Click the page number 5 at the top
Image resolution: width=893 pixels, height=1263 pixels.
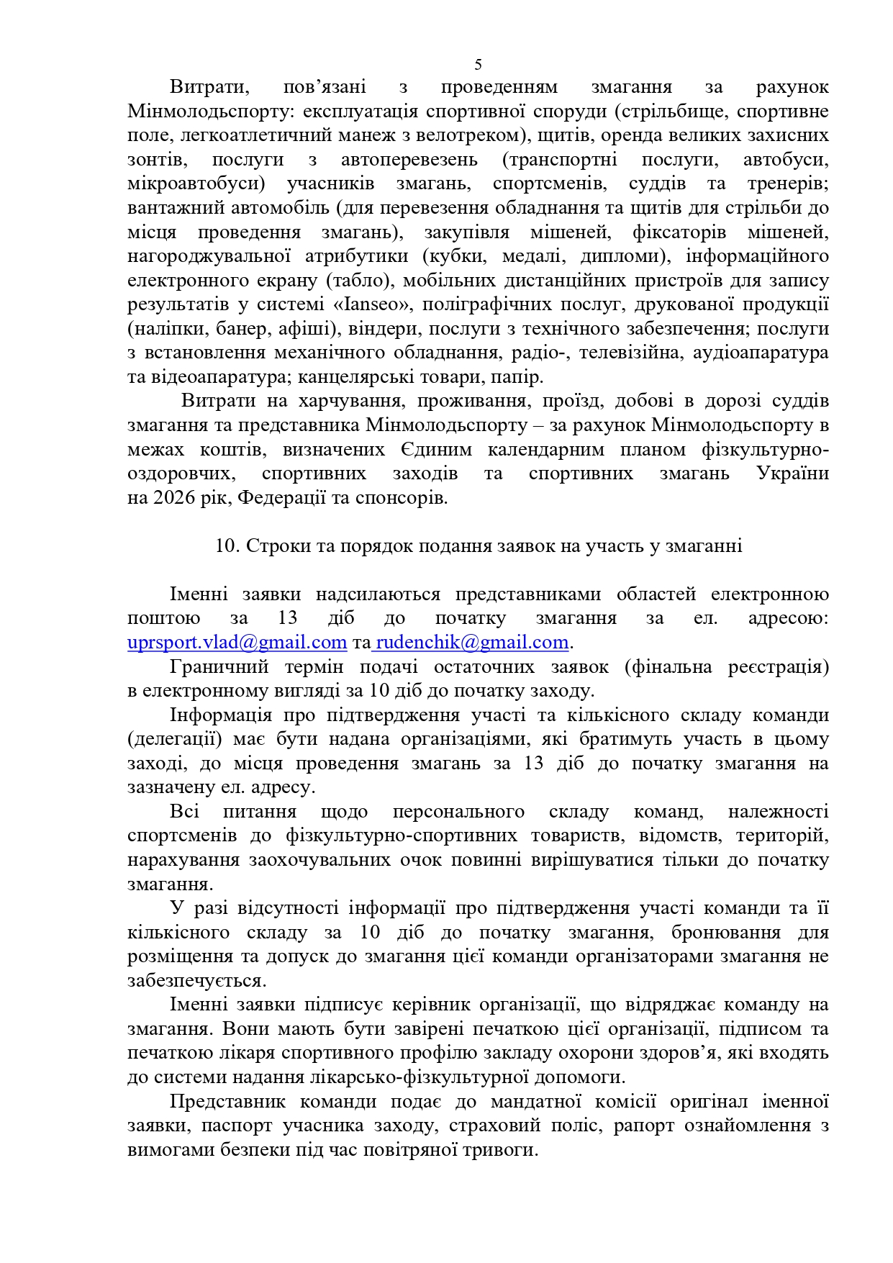478,65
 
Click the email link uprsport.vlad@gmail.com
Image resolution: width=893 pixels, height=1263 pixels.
237,642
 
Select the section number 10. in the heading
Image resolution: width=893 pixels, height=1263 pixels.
227,546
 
